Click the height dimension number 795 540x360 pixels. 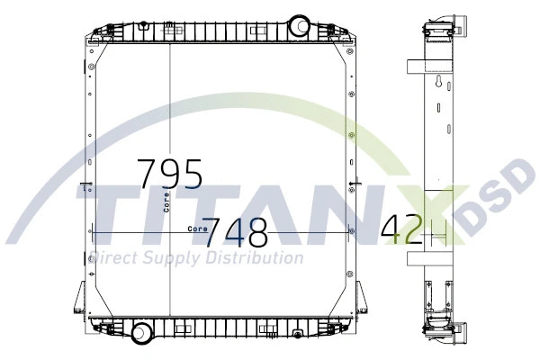click(169, 173)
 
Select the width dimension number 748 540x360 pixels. click(234, 234)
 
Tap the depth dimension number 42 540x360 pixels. click(401, 230)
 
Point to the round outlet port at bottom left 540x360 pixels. click(142, 332)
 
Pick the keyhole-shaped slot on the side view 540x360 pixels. click(437, 85)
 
